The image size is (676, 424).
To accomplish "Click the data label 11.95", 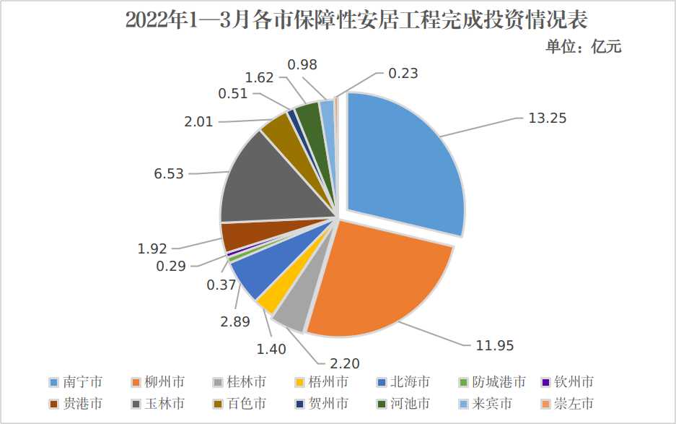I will point(494,345).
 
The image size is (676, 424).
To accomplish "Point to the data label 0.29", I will point(171,266).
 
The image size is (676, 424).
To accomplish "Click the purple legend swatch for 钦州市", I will point(545,382).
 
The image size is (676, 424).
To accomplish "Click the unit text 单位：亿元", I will point(583,48).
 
